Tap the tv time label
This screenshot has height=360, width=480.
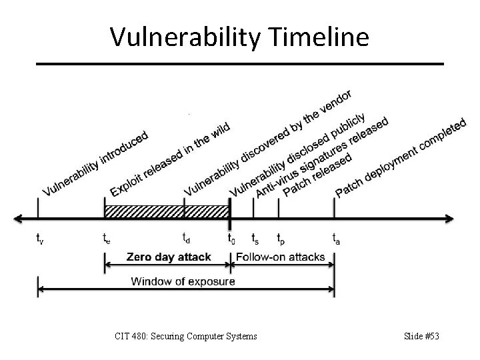tap(40, 237)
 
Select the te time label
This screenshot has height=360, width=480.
tap(107, 237)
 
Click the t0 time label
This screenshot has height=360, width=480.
tap(231, 237)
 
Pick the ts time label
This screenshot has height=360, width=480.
tap(255, 237)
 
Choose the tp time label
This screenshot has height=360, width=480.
tap(282, 238)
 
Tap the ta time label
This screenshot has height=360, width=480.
tap(337, 237)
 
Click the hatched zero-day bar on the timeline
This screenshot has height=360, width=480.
tap(167, 211)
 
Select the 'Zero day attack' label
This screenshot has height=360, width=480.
tap(169, 257)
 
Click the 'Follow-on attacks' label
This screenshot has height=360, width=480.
tap(281, 257)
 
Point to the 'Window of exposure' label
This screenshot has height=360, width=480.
tap(183, 281)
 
